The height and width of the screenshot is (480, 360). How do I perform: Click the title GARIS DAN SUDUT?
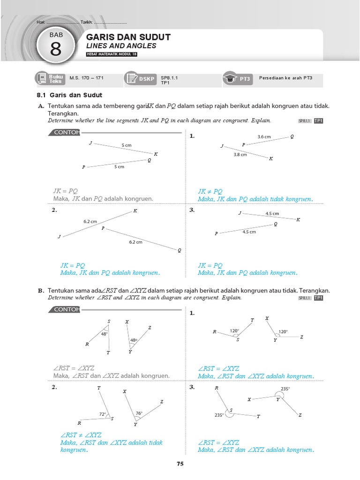tap(128, 37)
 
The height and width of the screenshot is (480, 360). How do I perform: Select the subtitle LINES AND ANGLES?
tap(121, 46)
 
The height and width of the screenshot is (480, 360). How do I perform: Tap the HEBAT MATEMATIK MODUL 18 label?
tap(112, 54)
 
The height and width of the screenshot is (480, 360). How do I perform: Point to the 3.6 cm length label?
tap(264, 137)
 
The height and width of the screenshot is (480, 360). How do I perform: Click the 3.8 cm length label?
tap(240, 154)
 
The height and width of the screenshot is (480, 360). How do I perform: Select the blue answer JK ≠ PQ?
tap(210, 192)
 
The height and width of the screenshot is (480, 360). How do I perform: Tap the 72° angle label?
tap(102, 414)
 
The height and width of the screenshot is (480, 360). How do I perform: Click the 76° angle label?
tap(139, 413)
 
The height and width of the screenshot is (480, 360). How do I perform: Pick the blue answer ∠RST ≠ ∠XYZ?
tap(81, 435)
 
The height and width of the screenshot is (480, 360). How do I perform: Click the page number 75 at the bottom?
tap(180, 464)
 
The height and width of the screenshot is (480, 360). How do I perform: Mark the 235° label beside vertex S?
tap(219, 415)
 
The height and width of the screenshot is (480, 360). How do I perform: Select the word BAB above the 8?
tap(55, 35)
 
